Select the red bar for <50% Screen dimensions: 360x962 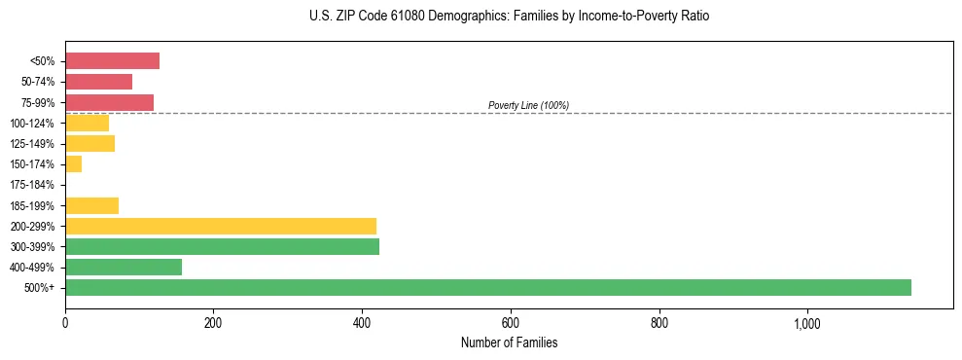(112, 61)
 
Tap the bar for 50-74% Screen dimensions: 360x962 (98, 82)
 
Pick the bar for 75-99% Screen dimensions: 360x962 (109, 102)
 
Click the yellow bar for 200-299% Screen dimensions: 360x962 (221, 226)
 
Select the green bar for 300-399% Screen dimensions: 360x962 (222, 246)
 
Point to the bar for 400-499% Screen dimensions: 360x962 (124, 267)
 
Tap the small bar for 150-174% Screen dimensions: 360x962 (73, 164)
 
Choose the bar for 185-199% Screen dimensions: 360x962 (91, 205)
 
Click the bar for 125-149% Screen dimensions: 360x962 (89, 144)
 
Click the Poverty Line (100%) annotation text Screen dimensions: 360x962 (528, 105)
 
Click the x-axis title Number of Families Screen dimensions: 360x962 (509, 343)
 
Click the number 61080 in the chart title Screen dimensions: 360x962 (401, 17)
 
